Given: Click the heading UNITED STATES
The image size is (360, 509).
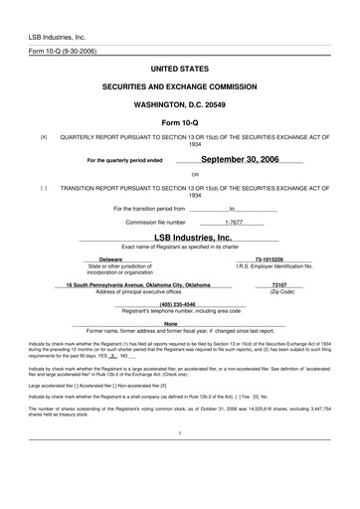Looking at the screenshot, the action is click(x=180, y=71).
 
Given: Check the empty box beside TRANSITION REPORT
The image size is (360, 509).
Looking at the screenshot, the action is click(x=43, y=186).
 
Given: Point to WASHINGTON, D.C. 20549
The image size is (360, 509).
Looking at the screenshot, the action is click(x=180, y=103).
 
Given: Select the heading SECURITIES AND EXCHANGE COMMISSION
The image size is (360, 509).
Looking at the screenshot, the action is click(x=180, y=87).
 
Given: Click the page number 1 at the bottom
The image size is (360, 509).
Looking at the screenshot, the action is click(x=180, y=461).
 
